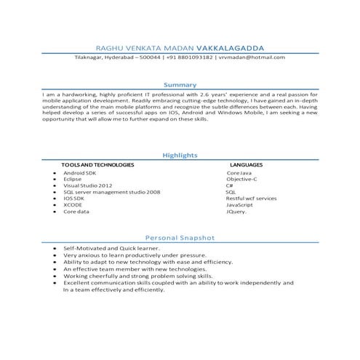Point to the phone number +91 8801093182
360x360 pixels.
[189, 57]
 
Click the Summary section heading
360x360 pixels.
[180, 85]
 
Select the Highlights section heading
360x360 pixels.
[180, 156]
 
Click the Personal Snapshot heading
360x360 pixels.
[180, 237]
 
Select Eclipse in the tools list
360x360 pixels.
[73, 180]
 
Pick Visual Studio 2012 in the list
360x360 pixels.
[87, 186]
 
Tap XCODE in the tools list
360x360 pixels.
[73, 205]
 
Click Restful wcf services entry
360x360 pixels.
[251, 199]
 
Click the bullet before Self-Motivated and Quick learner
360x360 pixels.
[56, 249]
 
